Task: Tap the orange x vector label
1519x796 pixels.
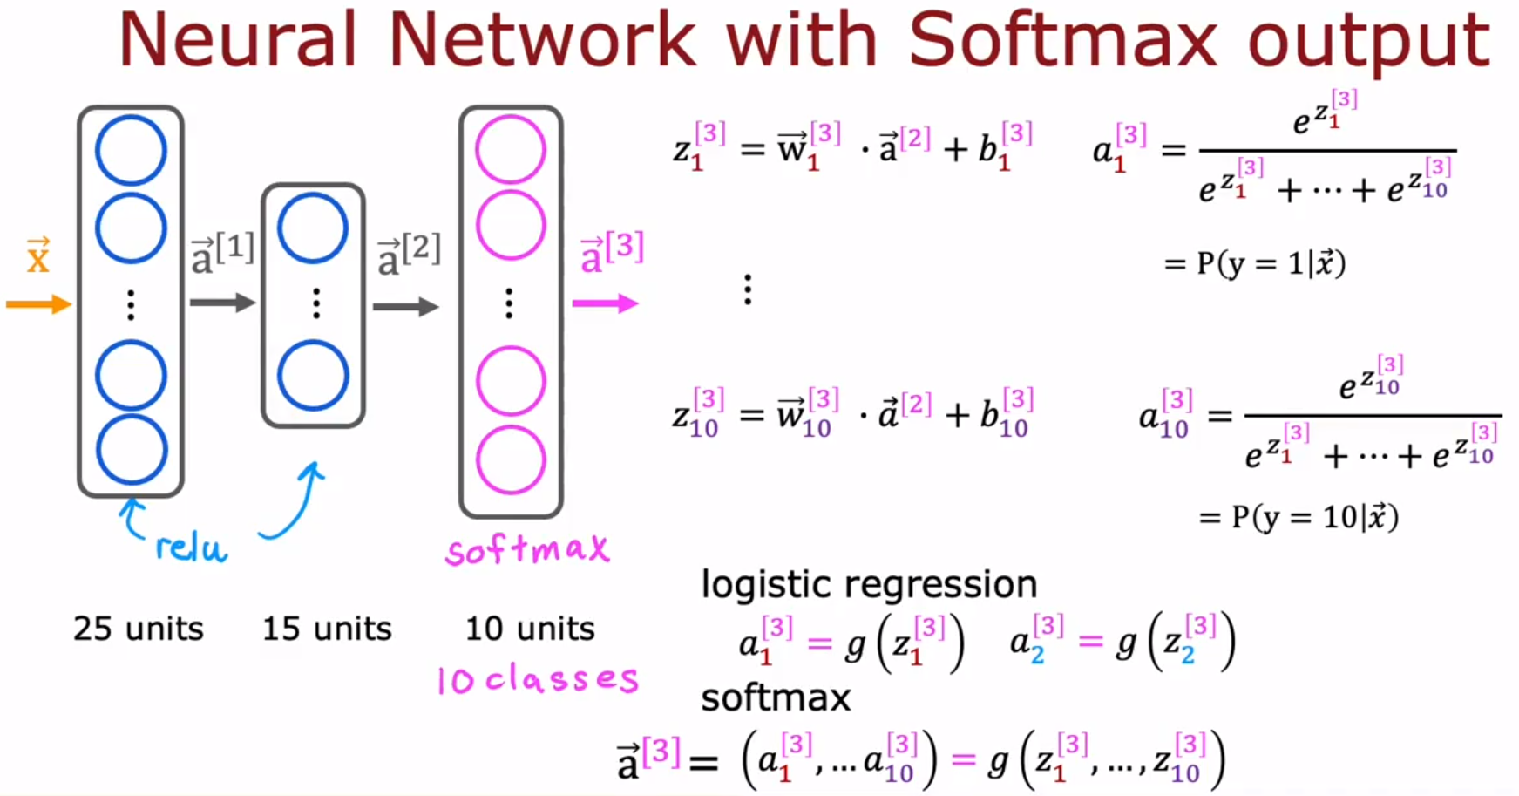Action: tap(37, 256)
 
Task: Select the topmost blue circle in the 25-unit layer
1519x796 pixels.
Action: tap(131, 151)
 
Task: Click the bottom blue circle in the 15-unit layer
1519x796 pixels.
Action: tap(313, 376)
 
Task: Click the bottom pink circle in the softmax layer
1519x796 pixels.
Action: tap(511, 459)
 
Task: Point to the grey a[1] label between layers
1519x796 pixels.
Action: tap(223, 254)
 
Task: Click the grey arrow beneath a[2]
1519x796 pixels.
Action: tap(405, 306)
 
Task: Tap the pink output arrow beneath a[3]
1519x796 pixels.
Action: tap(605, 303)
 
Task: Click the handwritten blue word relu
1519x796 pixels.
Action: tap(191, 548)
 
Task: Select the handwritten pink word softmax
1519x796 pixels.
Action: tap(527, 549)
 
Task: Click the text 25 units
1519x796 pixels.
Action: tap(139, 629)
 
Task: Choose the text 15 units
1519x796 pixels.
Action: tap(327, 629)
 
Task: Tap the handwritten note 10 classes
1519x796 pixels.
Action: tap(538, 679)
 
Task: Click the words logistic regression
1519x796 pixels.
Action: tap(869, 584)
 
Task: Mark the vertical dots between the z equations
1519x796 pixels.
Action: tap(747, 289)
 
